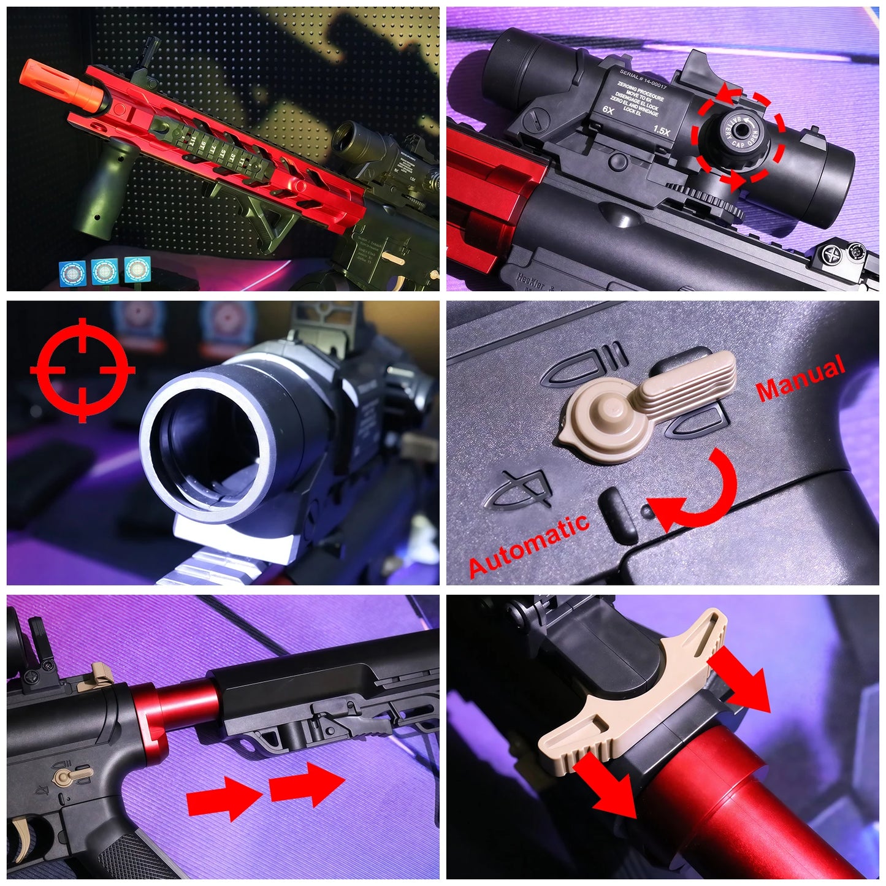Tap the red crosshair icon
[x=82, y=370]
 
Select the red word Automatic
[x=529, y=546]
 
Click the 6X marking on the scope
[x=608, y=110]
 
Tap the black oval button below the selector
[x=620, y=515]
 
